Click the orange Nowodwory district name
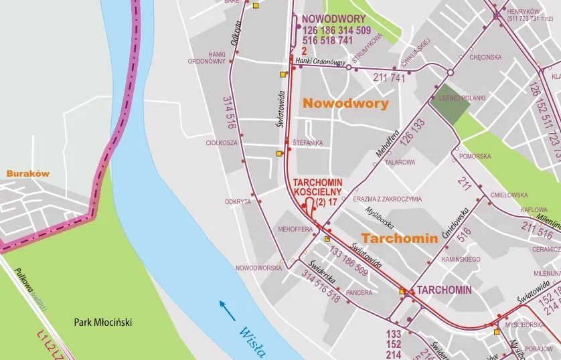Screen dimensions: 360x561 pos(345,103)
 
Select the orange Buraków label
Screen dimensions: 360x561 pos(28,173)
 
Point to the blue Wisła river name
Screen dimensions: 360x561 pos(252,340)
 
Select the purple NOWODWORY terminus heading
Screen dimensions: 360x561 pos(333,19)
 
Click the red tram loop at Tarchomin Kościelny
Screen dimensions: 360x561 pos(310,204)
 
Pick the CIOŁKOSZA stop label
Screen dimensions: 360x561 pos(222,143)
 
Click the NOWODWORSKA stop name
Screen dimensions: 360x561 pos(258,268)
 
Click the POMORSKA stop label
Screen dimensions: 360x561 pos(475,156)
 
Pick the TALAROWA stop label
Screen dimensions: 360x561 pos(400,162)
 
